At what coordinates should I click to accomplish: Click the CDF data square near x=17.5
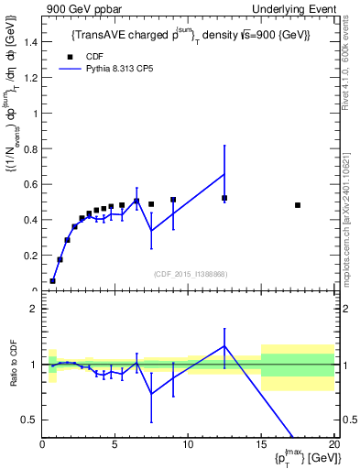tap(298, 205)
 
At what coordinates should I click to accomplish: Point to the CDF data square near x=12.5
tap(224, 198)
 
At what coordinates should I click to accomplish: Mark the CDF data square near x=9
tap(173, 200)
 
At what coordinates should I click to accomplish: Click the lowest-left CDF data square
tap(53, 281)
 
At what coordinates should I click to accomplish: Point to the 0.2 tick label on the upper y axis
tap(29, 256)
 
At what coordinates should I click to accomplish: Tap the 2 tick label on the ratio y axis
tap(34, 309)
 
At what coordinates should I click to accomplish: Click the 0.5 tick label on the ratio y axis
tap(29, 420)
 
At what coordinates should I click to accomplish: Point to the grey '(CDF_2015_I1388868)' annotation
tap(190, 273)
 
